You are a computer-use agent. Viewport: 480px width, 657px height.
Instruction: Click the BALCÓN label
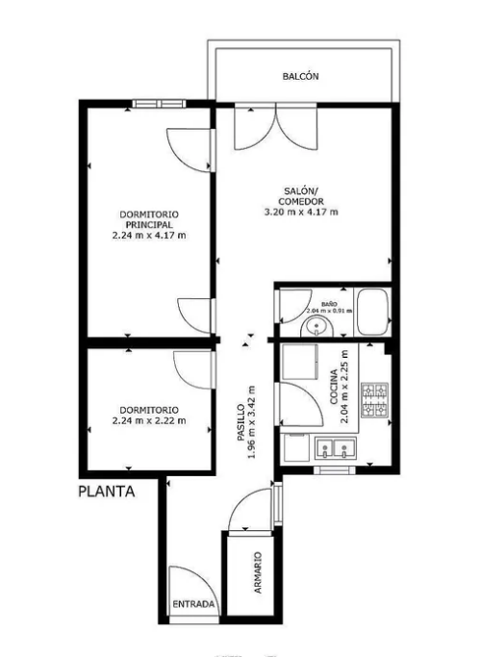click(x=300, y=76)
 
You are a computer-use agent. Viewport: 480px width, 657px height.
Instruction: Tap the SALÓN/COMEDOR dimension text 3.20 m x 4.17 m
click(x=301, y=212)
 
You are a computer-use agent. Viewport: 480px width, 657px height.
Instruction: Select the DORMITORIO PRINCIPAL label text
click(x=149, y=219)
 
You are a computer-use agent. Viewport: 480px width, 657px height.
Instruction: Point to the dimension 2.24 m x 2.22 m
click(x=149, y=420)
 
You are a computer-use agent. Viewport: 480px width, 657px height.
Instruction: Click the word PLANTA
click(x=107, y=492)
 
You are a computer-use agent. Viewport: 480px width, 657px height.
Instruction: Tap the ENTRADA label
click(x=193, y=604)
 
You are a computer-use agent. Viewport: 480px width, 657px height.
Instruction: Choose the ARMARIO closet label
click(x=258, y=572)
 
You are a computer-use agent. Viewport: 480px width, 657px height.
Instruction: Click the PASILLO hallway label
click(x=240, y=422)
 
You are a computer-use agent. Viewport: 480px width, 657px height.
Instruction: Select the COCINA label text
click(x=334, y=387)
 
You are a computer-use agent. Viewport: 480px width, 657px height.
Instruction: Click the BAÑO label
click(x=329, y=304)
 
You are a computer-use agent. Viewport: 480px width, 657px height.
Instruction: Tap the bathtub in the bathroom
click(x=372, y=312)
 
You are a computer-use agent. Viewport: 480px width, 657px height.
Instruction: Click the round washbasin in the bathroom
click(x=316, y=327)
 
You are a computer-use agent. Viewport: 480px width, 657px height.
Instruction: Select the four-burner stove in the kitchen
click(x=375, y=400)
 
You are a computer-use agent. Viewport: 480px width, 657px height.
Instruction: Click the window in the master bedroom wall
click(x=159, y=104)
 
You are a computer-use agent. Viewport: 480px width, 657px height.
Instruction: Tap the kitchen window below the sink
click(x=334, y=470)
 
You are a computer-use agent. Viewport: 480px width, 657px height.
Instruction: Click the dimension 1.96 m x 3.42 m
click(x=252, y=422)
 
